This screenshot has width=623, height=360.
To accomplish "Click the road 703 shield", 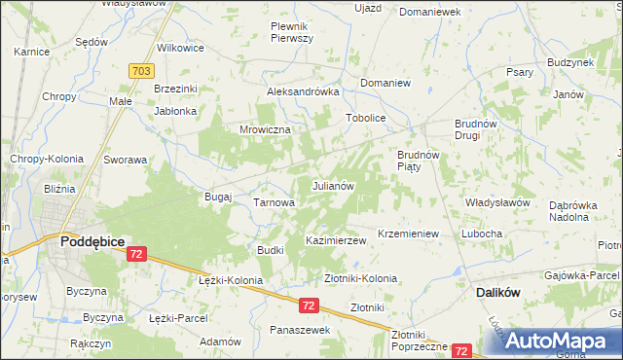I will [x=140, y=71].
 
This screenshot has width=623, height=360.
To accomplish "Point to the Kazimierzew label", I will [x=336, y=239].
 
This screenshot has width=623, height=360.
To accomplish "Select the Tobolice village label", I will [x=367, y=119].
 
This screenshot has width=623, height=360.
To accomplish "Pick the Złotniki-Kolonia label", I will [x=360, y=278].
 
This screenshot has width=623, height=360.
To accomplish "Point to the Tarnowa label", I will [x=274, y=202].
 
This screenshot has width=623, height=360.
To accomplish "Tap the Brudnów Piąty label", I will [x=421, y=161].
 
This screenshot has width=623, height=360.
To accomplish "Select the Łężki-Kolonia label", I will [x=231, y=280].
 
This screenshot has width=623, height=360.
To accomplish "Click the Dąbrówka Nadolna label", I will [x=580, y=211].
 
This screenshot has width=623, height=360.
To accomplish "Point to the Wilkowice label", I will [x=180, y=47].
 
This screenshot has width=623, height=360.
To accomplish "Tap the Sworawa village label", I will [x=126, y=160].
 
